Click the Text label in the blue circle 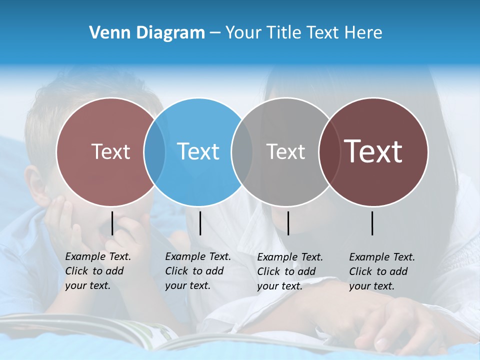pyautogui.click(x=198, y=151)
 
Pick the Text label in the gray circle pyautogui.click(x=285, y=151)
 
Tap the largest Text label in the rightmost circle pyautogui.click(x=373, y=151)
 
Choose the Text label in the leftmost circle pyautogui.click(x=110, y=151)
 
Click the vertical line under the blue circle pyautogui.click(x=200, y=223)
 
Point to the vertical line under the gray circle pyautogui.click(x=288, y=223)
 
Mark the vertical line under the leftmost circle pyautogui.click(x=112, y=223)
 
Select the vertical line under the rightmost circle pyautogui.click(x=372, y=223)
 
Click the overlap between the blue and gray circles pyautogui.click(x=242, y=151)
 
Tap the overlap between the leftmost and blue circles pyautogui.click(x=154, y=151)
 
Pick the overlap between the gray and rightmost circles pyautogui.click(x=329, y=151)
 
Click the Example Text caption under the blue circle pyautogui.click(x=197, y=271)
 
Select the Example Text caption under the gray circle pyautogui.click(x=289, y=271)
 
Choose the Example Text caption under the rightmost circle pyautogui.click(x=381, y=271)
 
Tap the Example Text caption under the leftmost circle pyautogui.click(x=97, y=271)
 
